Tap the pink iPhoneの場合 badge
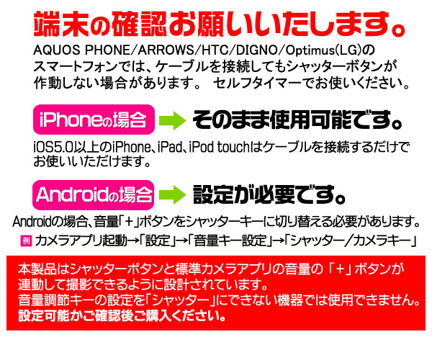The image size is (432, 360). click(94, 117)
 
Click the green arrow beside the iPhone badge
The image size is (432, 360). click(173, 117)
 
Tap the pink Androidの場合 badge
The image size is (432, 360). click(94, 194)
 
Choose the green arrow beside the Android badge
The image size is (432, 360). click(173, 194)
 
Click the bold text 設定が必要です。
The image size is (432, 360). click(266, 194)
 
